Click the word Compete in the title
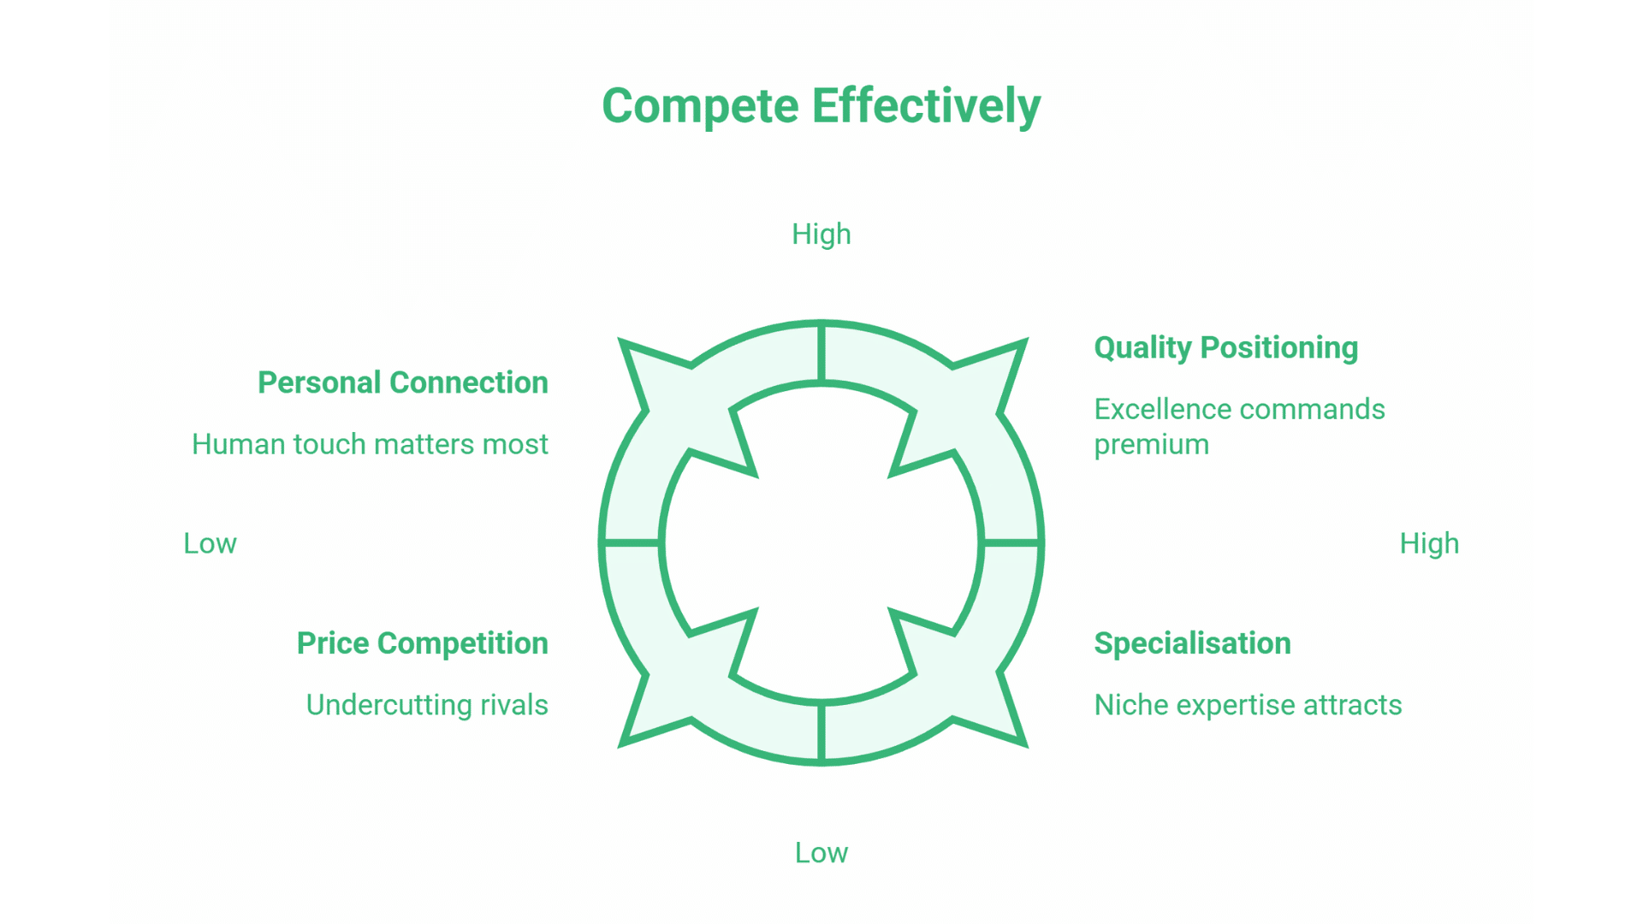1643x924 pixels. tap(700, 107)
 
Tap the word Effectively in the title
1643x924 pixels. tap(926, 105)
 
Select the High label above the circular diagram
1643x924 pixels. tap(821, 234)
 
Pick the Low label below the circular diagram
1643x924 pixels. tap(821, 853)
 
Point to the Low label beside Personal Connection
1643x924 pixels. tap(210, 543)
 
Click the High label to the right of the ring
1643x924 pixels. tap(1429, 543)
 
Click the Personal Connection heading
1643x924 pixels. tap(403, 382)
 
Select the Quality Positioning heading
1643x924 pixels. tap(1226, 348)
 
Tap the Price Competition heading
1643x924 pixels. tap(423, 643)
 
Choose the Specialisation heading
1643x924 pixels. tap(1193, 643)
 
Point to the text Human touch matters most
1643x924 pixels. tap(370, 444)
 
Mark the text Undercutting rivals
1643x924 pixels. tap(427, 705)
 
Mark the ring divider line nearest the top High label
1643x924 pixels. tap(821, 352)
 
